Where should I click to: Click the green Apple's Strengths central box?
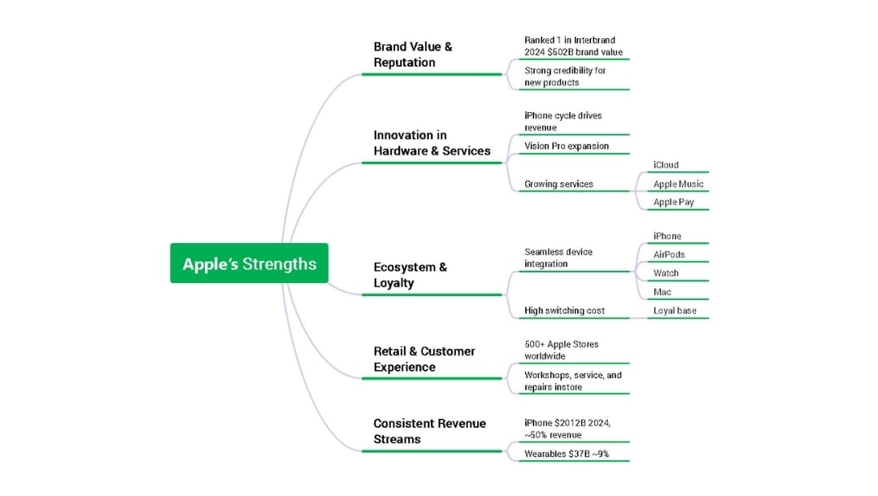point(250,263)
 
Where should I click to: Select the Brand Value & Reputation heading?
point(413,54)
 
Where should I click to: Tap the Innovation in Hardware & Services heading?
point(432,143)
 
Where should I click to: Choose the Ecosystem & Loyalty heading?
point(410,275)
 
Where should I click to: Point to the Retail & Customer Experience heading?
point(424,359)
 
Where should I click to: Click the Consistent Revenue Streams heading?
point(429,431)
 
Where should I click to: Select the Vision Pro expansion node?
point(566,146)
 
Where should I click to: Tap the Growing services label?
point(559,185)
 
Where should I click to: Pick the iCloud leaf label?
point(666,165)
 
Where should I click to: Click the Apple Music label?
point(678,185)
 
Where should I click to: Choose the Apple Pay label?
point(674,202)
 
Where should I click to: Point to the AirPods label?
point(668,255)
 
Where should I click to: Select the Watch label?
point(666,273)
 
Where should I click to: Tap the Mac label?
point(662,292)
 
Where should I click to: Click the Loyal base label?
point(675,311)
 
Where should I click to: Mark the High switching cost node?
point(564,311)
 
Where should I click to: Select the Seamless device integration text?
point(559,258)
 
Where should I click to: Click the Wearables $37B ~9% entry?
point(567,454)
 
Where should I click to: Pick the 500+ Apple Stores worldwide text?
point(561,350)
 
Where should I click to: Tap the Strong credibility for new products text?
point(565,76)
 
